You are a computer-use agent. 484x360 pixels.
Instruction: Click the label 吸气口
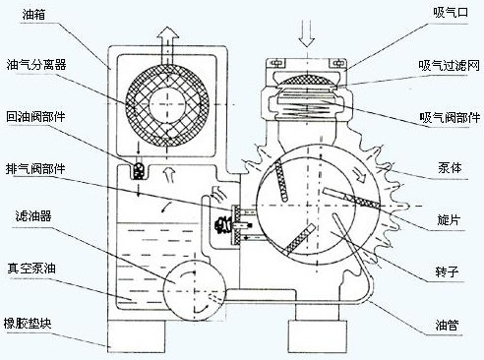tap(445, 13)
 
